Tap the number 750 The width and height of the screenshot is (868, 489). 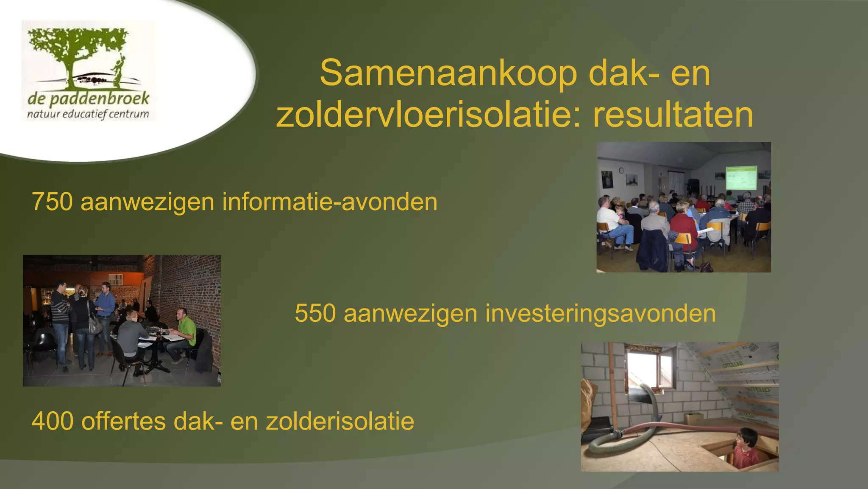click(x=52, y=202)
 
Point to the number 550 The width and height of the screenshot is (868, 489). click(x=315, y=313)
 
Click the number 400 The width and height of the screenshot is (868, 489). click(x=52, y=421)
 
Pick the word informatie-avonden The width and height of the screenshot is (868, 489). click(x=330, y=202)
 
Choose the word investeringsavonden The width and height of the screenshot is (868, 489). click(x=601, y=313)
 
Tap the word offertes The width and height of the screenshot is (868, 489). click(x=123, y=421)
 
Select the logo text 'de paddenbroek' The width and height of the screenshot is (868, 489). click(x=88, y=99)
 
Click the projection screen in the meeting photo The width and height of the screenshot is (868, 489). click(x=741, y=178)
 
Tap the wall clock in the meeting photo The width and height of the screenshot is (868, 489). click(x=621, y=170)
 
